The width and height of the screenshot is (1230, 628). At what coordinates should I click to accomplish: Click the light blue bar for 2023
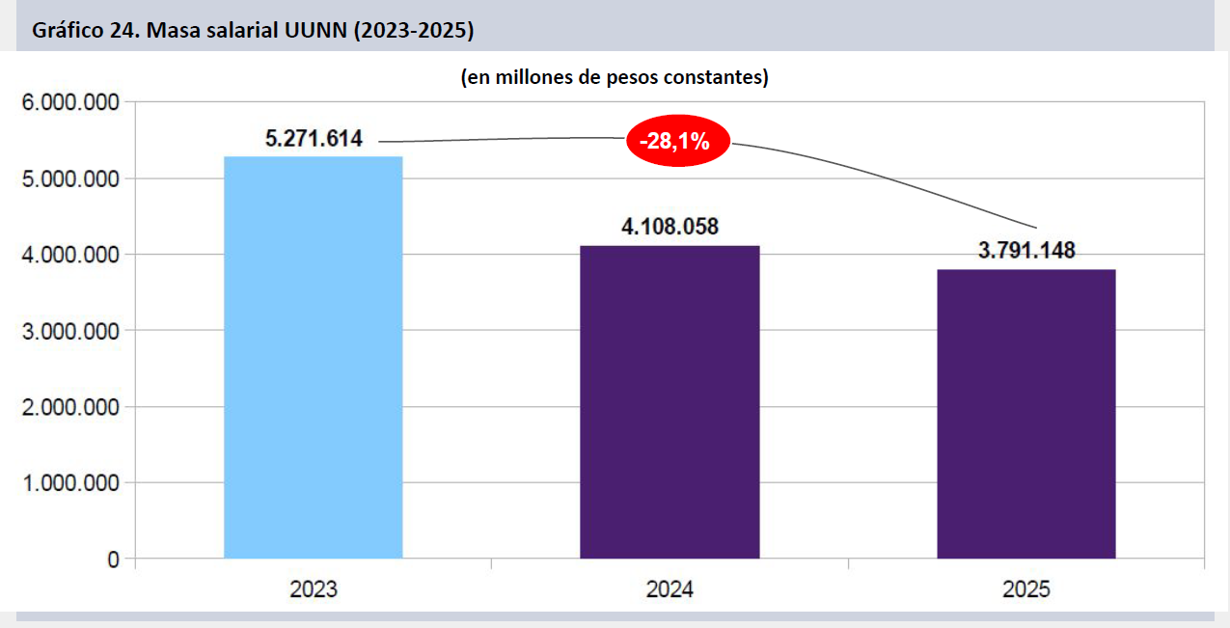313,357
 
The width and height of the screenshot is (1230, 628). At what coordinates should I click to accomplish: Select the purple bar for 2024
670,401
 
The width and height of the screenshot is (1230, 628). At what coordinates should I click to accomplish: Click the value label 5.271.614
314,139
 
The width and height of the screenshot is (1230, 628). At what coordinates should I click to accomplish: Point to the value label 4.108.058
670,228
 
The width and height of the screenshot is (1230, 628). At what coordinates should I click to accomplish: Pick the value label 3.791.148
1026,252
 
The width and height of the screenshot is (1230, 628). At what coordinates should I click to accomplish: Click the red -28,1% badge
678,142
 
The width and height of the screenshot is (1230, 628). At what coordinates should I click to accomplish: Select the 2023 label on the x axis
314,589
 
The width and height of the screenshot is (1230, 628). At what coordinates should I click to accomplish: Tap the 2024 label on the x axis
670,589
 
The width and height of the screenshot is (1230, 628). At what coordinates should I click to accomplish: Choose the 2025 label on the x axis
1026,589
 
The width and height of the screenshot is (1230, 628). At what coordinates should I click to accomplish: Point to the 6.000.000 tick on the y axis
70,102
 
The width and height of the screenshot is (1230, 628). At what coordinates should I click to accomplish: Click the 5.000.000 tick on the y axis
70,179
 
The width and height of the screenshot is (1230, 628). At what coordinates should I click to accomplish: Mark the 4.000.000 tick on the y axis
70,255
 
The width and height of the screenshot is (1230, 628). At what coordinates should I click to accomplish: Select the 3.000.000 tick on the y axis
70,331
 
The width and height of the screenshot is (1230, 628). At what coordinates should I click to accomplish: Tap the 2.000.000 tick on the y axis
70,407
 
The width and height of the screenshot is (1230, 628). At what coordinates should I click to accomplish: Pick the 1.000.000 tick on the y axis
70,483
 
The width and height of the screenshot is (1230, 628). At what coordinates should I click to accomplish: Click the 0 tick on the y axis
114,560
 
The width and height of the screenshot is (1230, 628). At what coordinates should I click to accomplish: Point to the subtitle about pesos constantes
615,77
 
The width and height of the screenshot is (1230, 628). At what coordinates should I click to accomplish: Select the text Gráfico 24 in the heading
86,31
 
